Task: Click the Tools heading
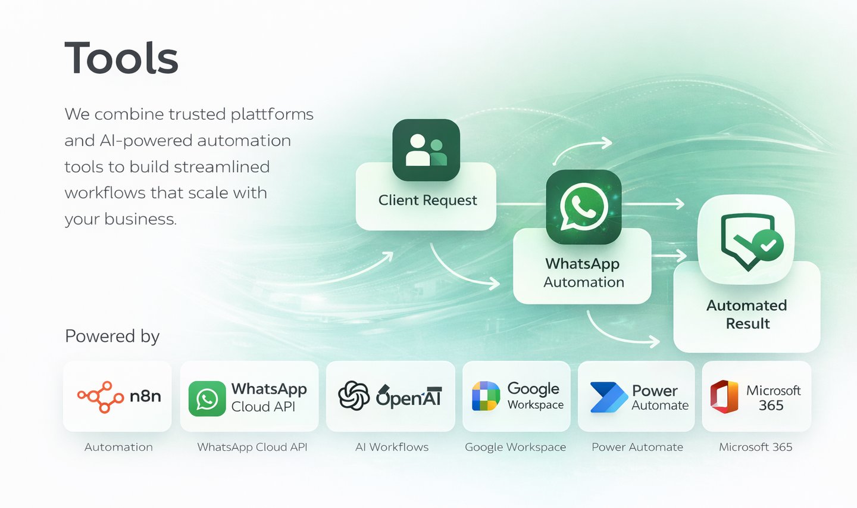(x=121, y=58)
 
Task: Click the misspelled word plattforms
(x=272, y=114)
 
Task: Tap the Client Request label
(x=427, y=201)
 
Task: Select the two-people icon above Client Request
(x=426, y=150)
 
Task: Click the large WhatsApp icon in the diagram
(x=583, y=207)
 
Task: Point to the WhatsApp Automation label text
(x=583, y=273)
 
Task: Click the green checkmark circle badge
(x=768, y=245)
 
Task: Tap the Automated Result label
(x=747, y=314)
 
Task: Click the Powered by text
(x=112, y=336)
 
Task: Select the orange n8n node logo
(x=100, y=397)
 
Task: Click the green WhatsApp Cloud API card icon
(x=207, y=398)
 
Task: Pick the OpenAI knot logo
(x=354, y=396)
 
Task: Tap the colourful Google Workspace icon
(x=486, y=397)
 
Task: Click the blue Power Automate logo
(x=608, y=397)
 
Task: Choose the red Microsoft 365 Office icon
(x=724, y=397)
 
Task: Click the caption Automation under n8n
(x=118, y=447)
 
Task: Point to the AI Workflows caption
(x=392, y=447)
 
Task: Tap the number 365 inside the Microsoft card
(x=771, y=406)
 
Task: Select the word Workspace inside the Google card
(x=535, y=405)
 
